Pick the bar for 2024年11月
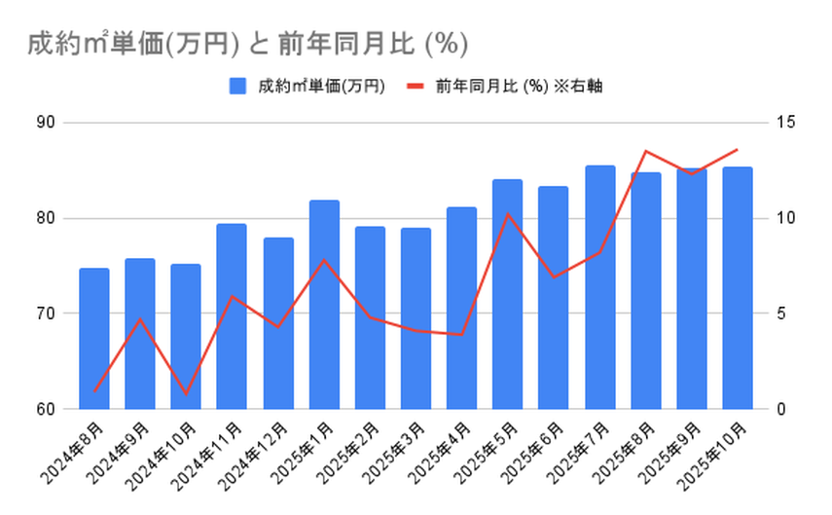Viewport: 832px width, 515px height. point(232,316)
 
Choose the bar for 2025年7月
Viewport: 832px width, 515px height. point(600,287)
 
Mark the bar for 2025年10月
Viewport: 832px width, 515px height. point(738,287)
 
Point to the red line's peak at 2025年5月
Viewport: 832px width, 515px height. point(508,214)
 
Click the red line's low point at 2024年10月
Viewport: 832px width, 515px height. point(186,393)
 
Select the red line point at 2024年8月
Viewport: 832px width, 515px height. point(94,391)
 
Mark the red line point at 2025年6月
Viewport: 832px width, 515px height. point(554,277)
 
